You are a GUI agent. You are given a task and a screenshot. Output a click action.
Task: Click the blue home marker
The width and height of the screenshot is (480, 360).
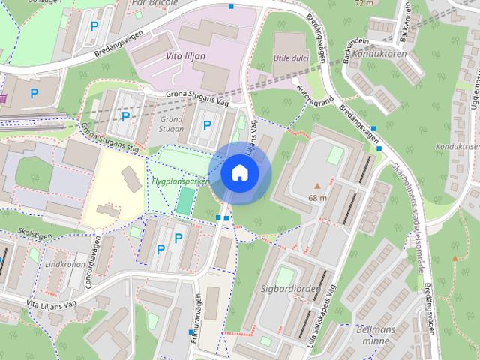coord(239,172)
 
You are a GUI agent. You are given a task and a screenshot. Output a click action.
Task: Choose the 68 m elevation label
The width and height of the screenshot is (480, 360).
coord(317,198)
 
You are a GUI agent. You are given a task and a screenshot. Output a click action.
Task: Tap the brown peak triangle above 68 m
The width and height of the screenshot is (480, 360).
coord(317,185)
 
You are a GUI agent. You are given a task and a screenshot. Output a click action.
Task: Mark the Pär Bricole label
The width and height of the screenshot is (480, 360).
coord(154,3)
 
